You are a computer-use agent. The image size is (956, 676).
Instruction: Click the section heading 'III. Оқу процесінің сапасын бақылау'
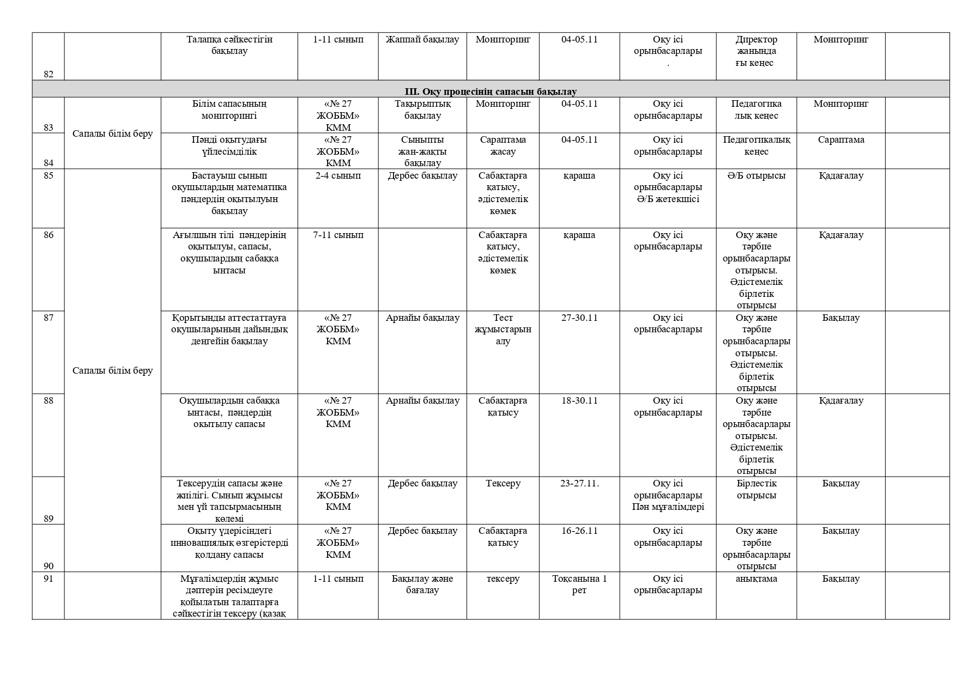pos(490,92)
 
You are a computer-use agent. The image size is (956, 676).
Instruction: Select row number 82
pos(49,74)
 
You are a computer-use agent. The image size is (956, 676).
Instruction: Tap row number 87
pos(49,318)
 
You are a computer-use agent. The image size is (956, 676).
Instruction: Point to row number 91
pos(49,578)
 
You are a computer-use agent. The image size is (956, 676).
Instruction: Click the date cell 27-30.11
pos(579,318)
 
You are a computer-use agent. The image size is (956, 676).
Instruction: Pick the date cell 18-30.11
pos(579,400)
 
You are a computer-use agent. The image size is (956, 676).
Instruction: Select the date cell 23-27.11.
pos(579,483)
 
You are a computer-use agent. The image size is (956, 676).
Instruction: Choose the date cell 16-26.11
pos(579,531)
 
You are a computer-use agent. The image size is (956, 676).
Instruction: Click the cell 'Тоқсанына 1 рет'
pos(579,584)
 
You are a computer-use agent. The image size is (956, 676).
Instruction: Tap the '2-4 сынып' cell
pos(338,175)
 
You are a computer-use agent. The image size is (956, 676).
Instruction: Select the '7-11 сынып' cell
pos(338,235)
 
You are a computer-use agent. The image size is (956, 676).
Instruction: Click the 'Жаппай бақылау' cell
pos(422,39)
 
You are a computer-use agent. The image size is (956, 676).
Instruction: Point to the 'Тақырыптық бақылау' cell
pos(422,109)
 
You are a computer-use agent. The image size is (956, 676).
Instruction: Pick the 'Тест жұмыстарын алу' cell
pos(503,329)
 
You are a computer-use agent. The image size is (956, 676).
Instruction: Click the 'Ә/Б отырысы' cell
pos(756,175)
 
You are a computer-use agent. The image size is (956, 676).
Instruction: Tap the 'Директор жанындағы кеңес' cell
pos(756,51)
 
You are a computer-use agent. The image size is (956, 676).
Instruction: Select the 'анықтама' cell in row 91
pos(756,578)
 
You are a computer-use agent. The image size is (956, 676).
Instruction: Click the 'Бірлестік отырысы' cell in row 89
pos(756,489)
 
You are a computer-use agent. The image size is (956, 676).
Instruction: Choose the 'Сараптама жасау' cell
pos(503,145)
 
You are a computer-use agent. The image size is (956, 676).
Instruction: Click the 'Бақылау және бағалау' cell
pos(422,584)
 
